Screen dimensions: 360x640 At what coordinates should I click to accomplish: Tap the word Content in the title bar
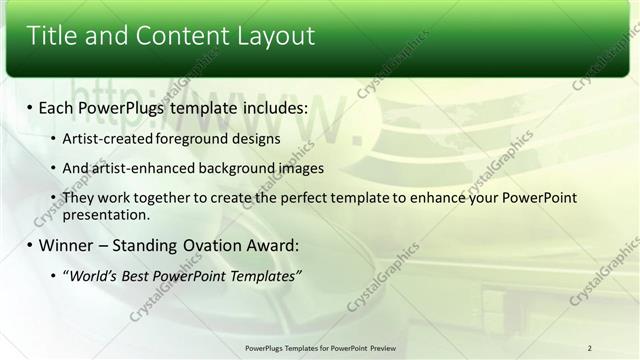pos(175,36)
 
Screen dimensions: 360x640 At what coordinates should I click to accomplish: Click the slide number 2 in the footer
pos(590,347)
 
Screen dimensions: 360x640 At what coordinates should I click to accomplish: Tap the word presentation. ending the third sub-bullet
pos(106,214)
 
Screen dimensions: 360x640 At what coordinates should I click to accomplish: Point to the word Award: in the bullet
pos(272,245)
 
